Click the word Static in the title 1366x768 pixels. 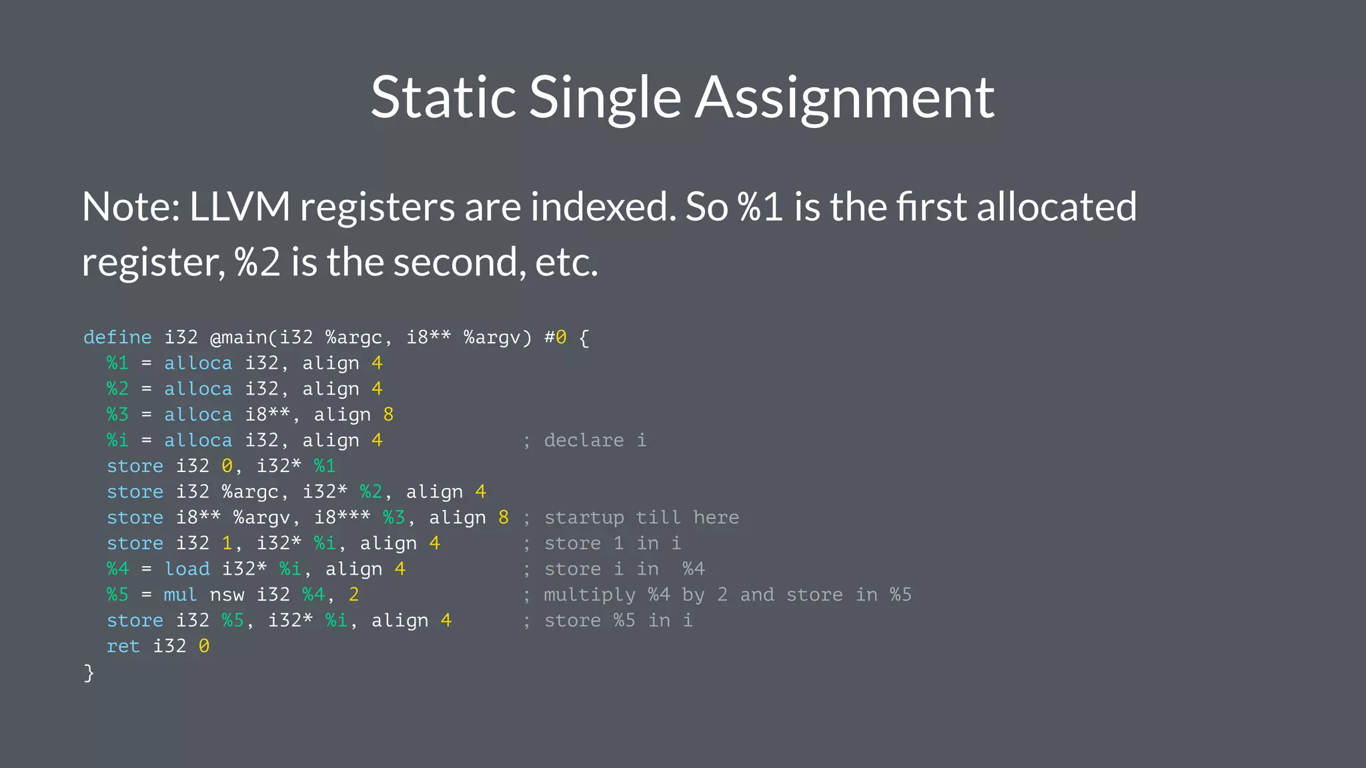[443, 97]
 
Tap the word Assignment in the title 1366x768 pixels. [845, 97]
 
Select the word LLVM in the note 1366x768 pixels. [239, 207]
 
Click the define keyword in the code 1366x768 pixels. [117, 337]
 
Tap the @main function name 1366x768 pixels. [238, 337]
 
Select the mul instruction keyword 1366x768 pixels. [180, 595]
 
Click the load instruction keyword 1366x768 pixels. [187, 569]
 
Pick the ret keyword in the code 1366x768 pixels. [123, 646]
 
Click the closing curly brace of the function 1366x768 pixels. [89, 672]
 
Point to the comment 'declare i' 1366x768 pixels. [594, 440]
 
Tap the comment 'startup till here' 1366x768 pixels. [641, 517]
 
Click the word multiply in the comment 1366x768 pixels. [590, 595]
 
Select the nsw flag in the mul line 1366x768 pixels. [227, 595]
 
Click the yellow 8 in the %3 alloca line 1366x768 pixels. [388, 415]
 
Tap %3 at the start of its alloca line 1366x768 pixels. [117, 415]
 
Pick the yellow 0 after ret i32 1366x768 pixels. [204, 646]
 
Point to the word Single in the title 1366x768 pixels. [605, 97]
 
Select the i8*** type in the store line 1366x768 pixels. [342, 517]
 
